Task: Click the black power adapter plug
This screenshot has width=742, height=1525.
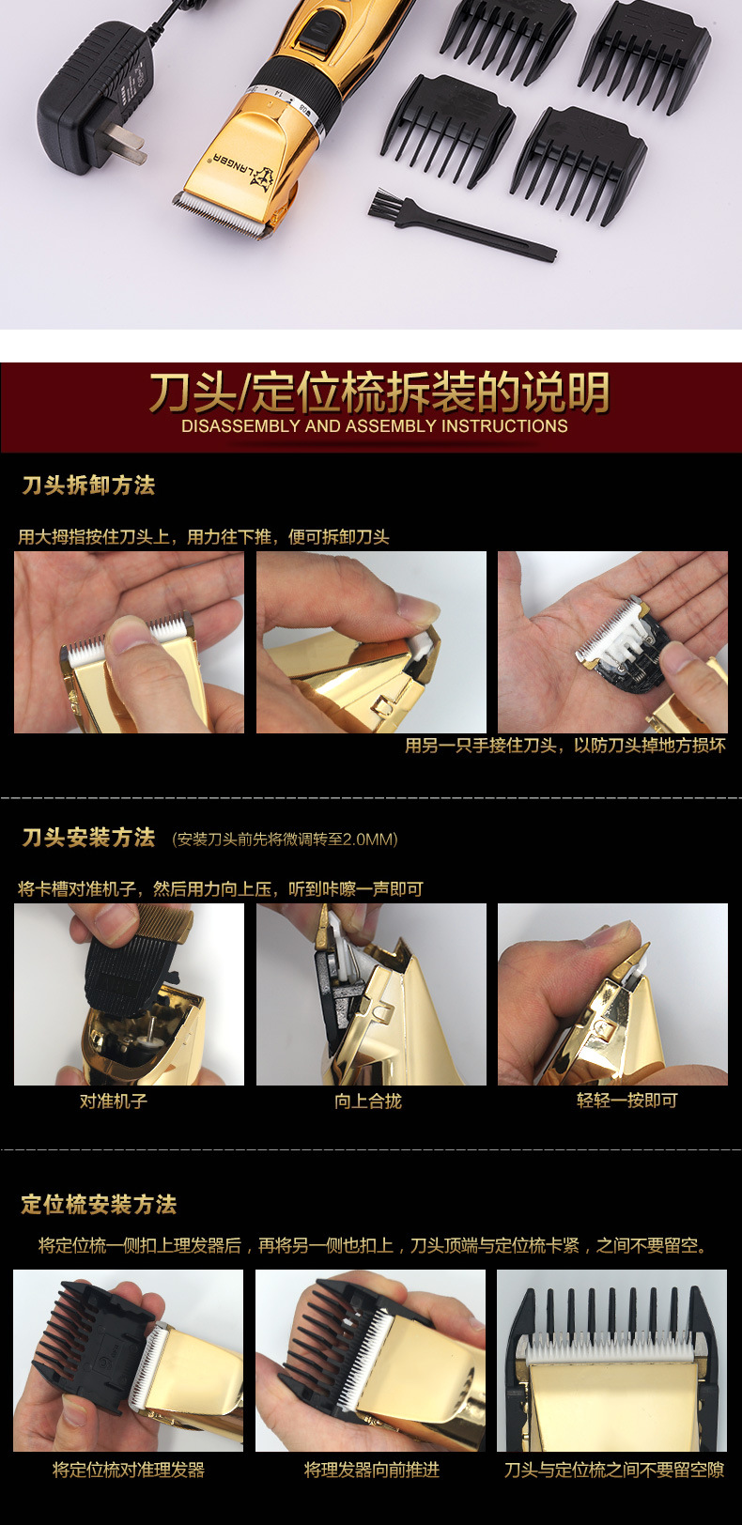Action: (x=89, y=100)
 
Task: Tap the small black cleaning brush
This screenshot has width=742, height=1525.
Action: (x=460, y=225)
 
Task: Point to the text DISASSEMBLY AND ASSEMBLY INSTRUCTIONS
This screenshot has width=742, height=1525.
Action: (x=374, y=426)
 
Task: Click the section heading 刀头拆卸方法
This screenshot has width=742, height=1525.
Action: (x=88, y=485)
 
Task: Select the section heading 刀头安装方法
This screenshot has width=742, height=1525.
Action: (x=88, y=838)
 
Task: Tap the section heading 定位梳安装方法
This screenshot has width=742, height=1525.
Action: (x=99, y=1205)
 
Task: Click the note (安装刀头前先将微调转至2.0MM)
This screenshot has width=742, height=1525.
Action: (x=285, y=840)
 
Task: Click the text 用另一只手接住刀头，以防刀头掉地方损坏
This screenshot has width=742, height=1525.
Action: (x=564, y=746)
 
